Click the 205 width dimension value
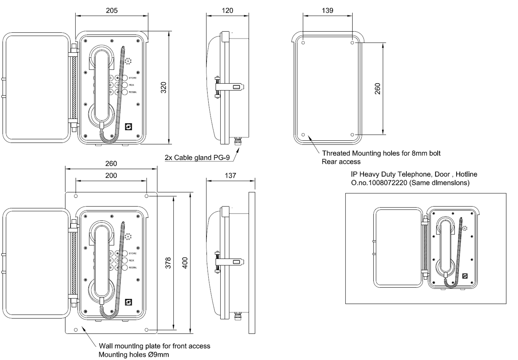pos(112,11)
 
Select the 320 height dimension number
pos(163,87)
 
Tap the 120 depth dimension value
pos(227,11)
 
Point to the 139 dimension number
pos(328,11)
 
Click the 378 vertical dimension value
pos(168,263)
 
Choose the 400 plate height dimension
pos(185,263)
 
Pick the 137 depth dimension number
pos(230,176)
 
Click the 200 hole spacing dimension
pos(111,176)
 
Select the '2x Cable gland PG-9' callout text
pos(197,157)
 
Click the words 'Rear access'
pos(341,162)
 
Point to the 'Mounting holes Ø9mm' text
pos(134,355)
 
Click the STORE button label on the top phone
pos(132,78)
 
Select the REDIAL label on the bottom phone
pos(133,268)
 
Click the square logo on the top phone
pos(128,127)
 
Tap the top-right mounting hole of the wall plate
pos(147,196)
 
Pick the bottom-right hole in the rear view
pos(352,135)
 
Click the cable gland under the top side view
pos(238,141)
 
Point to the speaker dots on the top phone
pos(128,61)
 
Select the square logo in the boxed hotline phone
pos(465,276)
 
